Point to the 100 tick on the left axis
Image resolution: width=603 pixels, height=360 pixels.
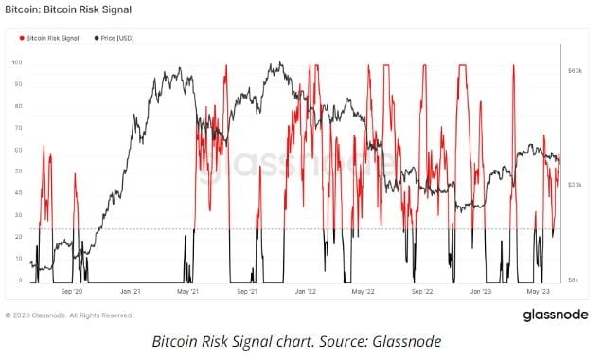click(16, 63)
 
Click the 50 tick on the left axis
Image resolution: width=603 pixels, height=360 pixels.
click(17, 171)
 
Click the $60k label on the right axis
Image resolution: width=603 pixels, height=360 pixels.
click(574, 71)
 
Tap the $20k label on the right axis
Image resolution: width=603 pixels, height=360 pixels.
click(574, 186)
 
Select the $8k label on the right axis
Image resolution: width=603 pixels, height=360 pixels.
click(573, 280)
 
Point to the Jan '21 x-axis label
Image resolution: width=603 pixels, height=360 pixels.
click(131, 292)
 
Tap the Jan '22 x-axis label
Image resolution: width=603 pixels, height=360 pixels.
click(305, 292)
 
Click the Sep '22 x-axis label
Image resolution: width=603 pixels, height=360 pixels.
click(421, 292)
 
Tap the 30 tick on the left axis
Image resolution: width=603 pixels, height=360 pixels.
click(17, 215)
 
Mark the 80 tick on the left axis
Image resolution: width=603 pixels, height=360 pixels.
click(17, 106)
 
